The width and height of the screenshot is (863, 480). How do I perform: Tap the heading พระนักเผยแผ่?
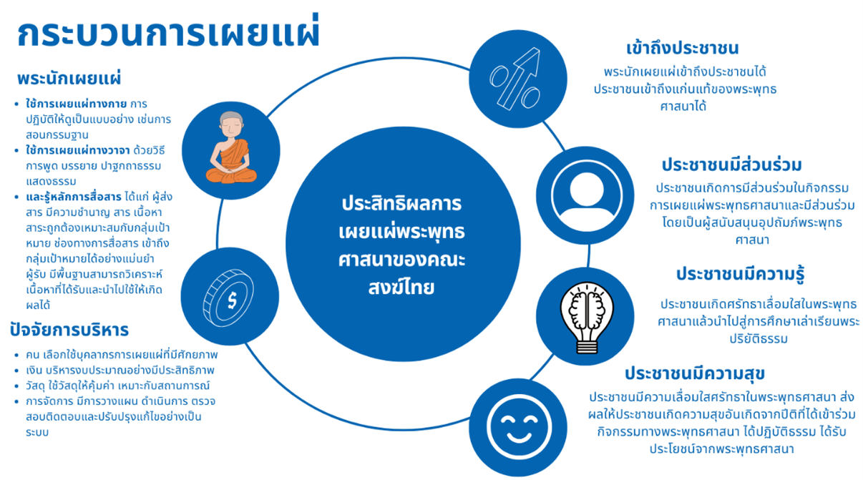tap(69, 78)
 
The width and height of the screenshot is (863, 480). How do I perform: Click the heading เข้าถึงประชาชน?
tap(682, 48)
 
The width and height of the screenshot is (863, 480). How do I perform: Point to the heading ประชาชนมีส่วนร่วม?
tap(731, 165)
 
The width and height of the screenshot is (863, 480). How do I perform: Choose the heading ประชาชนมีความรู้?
tap(741, 274)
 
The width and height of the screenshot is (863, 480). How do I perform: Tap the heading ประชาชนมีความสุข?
tap(695, 373)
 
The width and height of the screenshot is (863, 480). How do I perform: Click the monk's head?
tap(231, 124)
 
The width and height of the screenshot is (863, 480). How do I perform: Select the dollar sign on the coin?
tap(232, 300)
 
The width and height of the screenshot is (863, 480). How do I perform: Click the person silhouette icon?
tap(586, 195)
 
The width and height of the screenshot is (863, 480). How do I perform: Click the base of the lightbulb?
tap(587, 346)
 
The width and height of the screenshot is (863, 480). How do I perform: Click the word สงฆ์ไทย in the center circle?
tap(401, 288)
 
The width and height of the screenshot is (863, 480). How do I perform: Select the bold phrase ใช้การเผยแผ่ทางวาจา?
tap(77, 150)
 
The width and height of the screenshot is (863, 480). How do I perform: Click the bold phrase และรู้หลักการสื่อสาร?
tap(74, 197)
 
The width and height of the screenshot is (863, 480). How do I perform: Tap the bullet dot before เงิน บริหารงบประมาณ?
tap(16, 371)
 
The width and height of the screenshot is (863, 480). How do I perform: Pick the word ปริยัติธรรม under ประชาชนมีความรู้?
tap(759, 338)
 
